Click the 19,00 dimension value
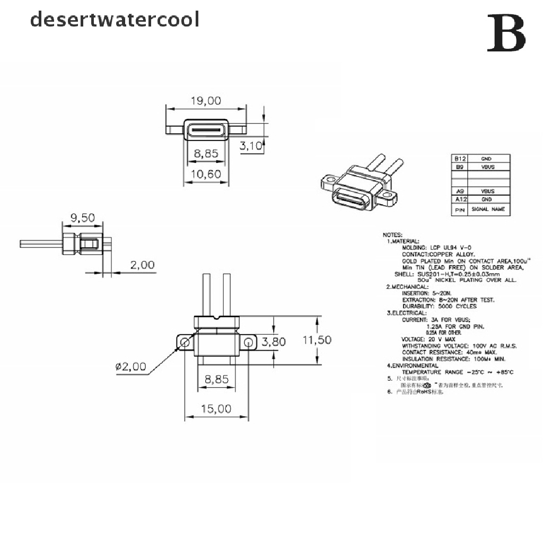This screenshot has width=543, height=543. pos(207,100)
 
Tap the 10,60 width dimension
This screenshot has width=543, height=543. pos(206,174)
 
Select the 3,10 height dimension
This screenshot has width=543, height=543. pos(251,146)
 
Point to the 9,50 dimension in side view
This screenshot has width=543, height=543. pos(82,217)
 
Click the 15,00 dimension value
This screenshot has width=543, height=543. pos(216,409)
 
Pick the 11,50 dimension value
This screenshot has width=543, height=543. pos(317,340)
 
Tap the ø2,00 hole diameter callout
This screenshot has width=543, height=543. pos(130,366)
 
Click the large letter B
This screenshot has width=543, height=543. pos(506,34)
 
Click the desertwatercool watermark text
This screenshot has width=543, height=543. pos(115,20)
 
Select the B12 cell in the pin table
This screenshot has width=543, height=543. pos(459,159)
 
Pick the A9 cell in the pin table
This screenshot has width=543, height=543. pos(459,191)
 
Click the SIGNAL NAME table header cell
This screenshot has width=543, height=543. pos(488,209)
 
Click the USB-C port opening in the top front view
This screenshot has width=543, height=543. pos(206,129)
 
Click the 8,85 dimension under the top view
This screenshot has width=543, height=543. pos(206,154)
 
